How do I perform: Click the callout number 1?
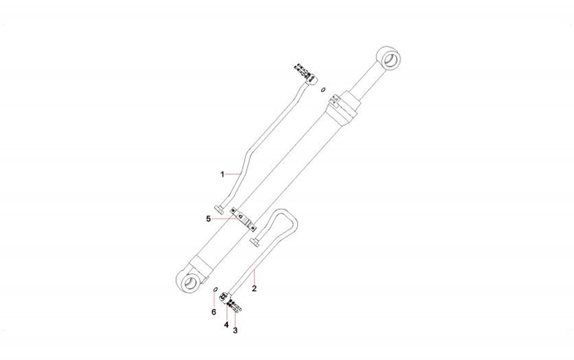click(222, 175)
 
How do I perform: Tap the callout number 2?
click(254, 289)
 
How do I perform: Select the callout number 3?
click(235, 330)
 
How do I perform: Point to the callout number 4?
click(226, 324)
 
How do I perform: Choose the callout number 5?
click(208, 219)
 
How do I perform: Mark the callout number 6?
click(214, 312)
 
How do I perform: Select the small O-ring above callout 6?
click(216, 290)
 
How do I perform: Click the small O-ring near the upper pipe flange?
click(323, 90)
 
